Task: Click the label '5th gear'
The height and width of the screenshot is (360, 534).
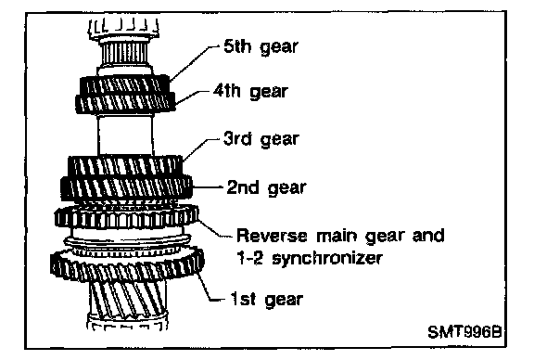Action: click(x=261, y=46)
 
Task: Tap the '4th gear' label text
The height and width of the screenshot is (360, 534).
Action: click(x=250, y=91)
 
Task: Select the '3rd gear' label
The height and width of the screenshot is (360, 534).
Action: click(x=261, y=139)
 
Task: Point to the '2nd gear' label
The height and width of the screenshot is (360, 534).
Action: click(x=266, y=187)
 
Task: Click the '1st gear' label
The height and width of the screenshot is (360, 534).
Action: click(x=267, y=300)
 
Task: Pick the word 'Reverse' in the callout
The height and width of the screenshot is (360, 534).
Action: click(x=272, y=236)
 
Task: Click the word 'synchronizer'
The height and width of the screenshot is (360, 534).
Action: click(x=327, y=259)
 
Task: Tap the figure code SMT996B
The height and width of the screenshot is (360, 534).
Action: click(x=464, y=332)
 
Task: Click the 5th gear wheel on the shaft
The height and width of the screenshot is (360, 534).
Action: click(x=124, y=84)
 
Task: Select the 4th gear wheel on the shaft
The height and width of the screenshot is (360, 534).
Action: click(x=125, y=103)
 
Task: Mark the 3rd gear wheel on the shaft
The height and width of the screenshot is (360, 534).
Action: click(x=125, y=166)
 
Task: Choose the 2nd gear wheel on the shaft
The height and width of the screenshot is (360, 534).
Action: click(x=126, y=187)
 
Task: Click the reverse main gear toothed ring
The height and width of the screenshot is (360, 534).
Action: click(x=126, y=217)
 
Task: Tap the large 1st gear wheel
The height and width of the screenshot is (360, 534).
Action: click(x=127, y=266)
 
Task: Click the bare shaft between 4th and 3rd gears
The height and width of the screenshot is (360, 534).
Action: click(x=125, y=135)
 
